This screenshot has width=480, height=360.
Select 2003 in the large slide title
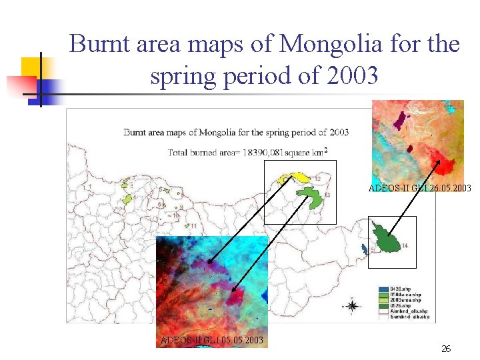353,76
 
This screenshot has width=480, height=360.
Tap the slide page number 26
446,349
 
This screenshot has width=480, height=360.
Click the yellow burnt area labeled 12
297,178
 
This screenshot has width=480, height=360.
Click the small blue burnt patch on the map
364,248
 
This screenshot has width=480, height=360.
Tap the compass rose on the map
353,306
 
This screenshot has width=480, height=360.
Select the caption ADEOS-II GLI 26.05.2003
419,189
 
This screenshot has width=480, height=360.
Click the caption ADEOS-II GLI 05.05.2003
211,341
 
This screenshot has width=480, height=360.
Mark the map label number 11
193,226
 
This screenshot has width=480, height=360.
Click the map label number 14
404,247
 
